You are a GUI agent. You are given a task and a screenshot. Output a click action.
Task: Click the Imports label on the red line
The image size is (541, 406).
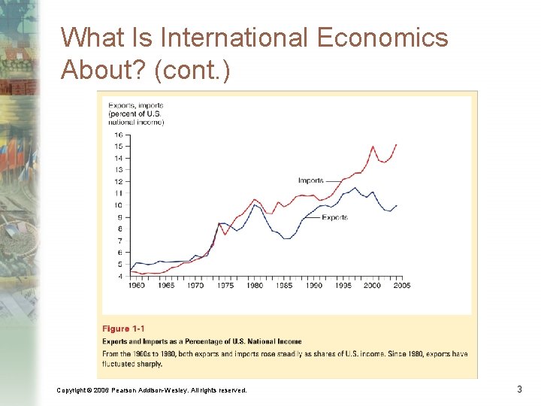[310, 180]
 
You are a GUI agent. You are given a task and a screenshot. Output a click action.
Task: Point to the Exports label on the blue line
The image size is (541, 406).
[334, 217]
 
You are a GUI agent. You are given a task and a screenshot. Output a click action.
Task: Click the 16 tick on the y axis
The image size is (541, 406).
[118, 135]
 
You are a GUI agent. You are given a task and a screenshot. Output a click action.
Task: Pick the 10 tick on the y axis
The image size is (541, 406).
[118, 205]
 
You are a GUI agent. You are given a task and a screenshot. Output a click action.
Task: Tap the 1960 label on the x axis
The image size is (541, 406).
[137, 286]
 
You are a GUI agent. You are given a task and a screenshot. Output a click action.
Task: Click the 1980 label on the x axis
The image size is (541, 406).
[255, 286]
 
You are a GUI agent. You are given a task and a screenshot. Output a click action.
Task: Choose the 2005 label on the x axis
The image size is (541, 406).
[402, 286]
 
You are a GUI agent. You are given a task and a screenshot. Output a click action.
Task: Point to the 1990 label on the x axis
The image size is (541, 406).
[314, 286]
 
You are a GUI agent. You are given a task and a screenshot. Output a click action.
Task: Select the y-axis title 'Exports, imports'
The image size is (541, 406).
[135, 105]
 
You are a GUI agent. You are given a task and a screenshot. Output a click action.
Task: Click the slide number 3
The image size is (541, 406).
[519, 389]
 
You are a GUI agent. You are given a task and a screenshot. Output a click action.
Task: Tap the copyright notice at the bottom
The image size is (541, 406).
[151, 390]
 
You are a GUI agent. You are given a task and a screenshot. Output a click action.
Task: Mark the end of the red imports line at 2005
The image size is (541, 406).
[397, 144]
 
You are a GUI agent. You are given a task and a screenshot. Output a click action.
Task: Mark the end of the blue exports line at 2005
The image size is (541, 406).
[397, 205]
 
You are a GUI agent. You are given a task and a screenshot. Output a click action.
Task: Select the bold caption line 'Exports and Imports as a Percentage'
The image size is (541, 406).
[201, 341]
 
